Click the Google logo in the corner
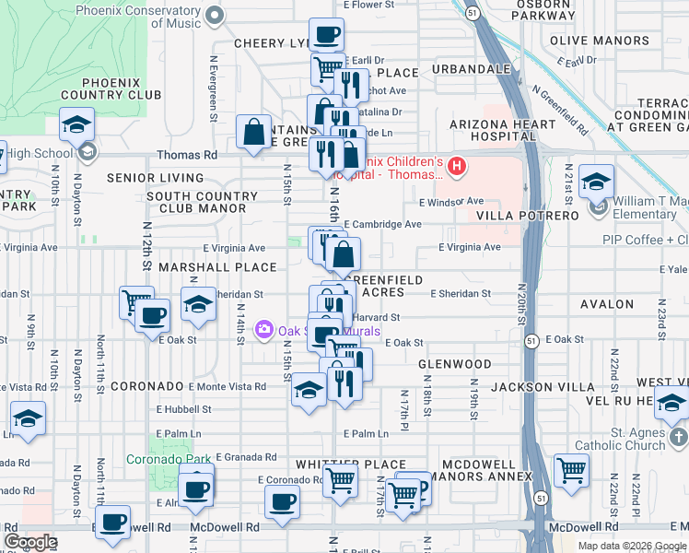[x=30, y=542]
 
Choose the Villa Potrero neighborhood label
[x=528, y=216]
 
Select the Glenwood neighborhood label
[x=454, y=364]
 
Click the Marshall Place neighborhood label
[x=217, y=267]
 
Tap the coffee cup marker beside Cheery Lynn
[x=325, y=36]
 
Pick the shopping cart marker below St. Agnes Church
[x=571, y=469]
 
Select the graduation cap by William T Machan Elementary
[x=596, y=182]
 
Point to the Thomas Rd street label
[x=187, y=156]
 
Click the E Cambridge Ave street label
[x=382, y=224]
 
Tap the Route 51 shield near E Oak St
[x=532, y=341]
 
